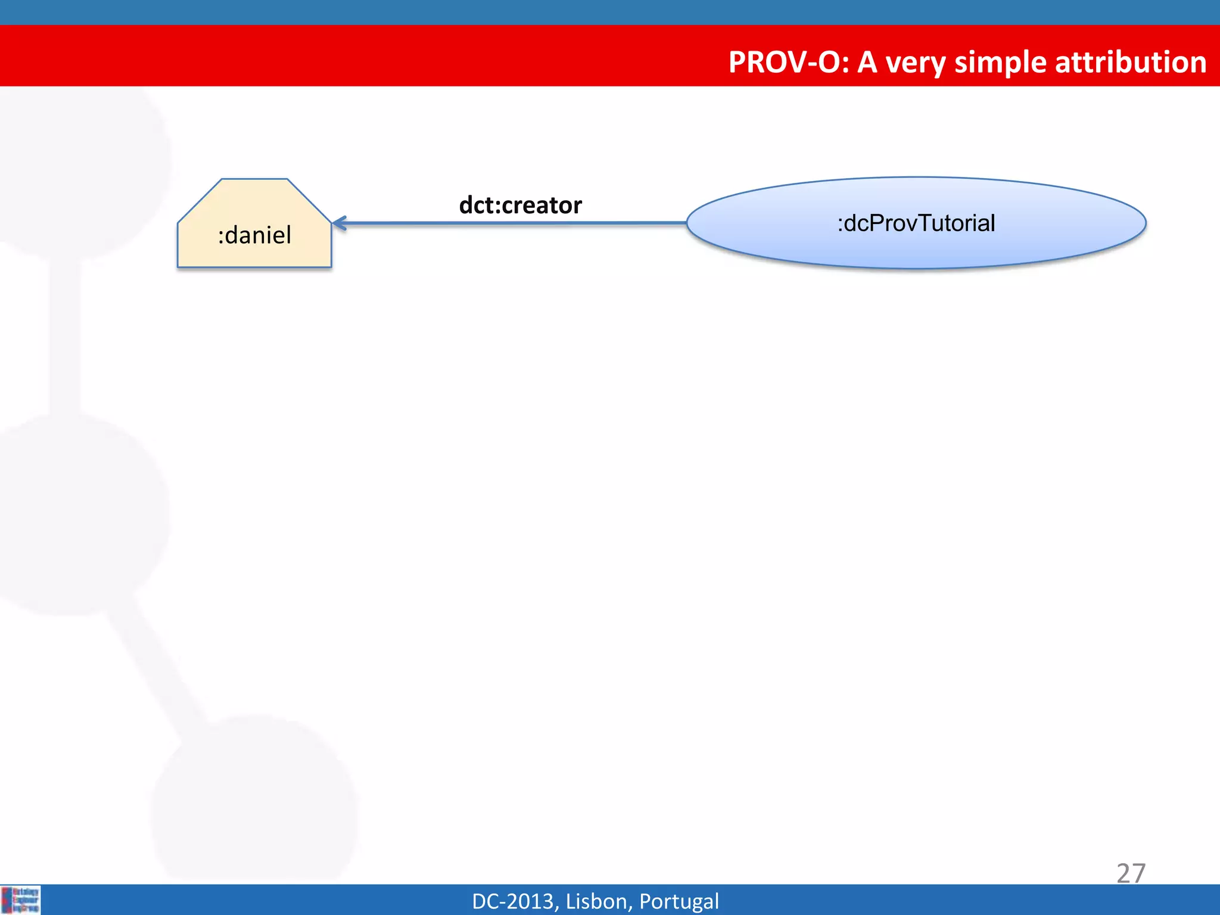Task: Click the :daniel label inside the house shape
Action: [254, 235]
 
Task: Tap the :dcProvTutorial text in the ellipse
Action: [916, 223]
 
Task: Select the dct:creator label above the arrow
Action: [520, 205]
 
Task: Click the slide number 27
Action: [1130, 873]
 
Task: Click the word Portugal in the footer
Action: [679, 901]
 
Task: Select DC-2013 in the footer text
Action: [512, 901]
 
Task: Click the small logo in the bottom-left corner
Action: [20, 900]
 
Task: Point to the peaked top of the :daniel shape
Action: [254, 180]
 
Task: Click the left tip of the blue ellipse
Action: [688, 223]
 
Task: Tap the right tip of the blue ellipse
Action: [1145, 223]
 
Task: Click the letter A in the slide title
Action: [867, 62]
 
